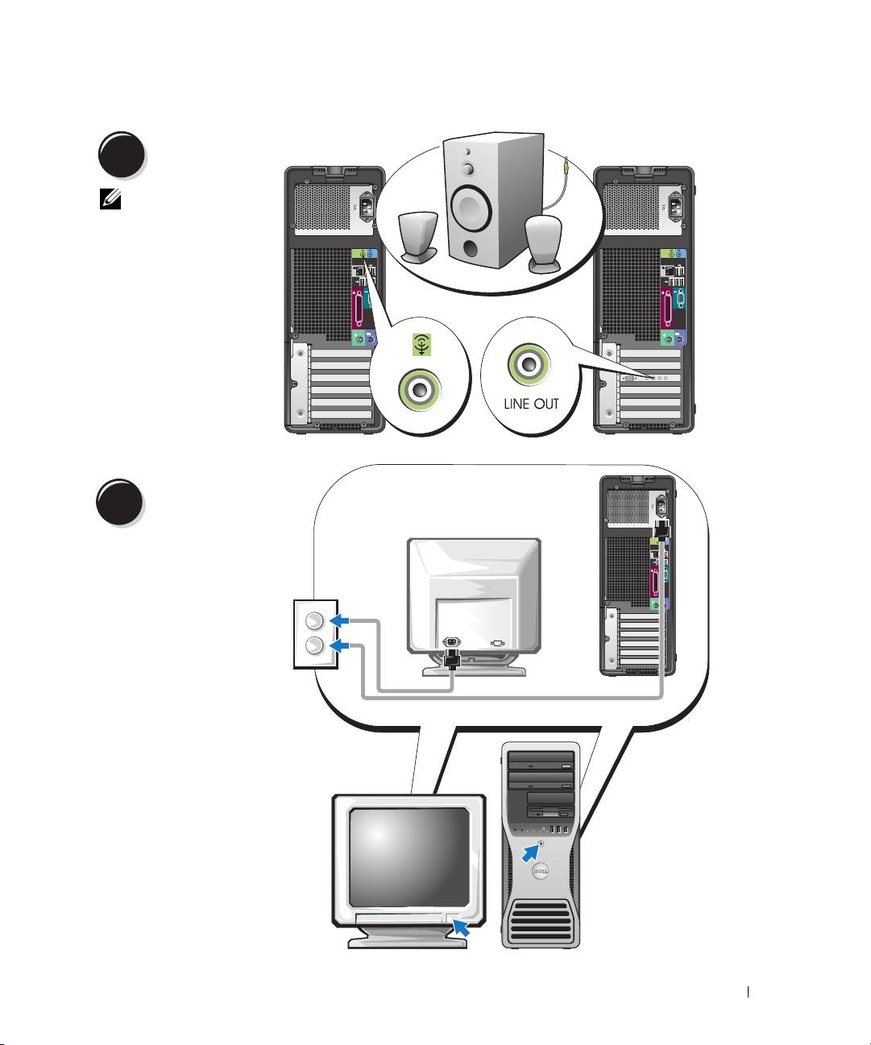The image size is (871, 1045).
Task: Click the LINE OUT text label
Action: pos(531,403)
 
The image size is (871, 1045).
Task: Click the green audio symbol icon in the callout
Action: pos(420,345)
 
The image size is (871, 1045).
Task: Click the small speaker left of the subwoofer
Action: pos(417,233)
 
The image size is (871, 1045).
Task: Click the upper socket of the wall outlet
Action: pos(313,620)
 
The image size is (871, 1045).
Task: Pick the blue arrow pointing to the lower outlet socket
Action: pos(342,645)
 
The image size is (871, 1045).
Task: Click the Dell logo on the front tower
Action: pos(541,873)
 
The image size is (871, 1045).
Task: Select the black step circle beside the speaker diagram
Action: pos(122,155)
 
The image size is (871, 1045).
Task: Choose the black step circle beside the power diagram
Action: pos(122,503)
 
